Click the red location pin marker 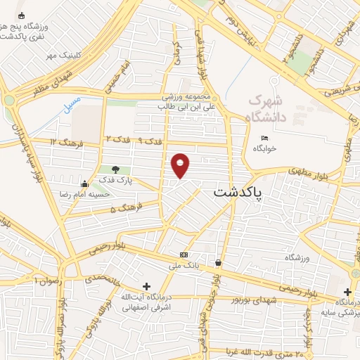pyautogui.click(x=181, y=166)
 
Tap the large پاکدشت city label pyautogui.click(x=237, y=191)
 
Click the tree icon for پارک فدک pyautogui.click(x=115, y=169)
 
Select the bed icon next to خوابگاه pyautogui.click(x=264, y=137)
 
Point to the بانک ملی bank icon pyautogui.click(x=184, y=255)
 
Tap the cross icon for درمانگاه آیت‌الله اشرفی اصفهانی pyautogui.click(x=146, y=286)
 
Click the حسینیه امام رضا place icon pyautogui.click(x=85, y=184)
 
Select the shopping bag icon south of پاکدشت pyautogui.click(x=219, y=263)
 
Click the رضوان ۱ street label pyautogui.click(x=48, y=280)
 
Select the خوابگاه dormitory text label pyautogui.click(x=264, y=148)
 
